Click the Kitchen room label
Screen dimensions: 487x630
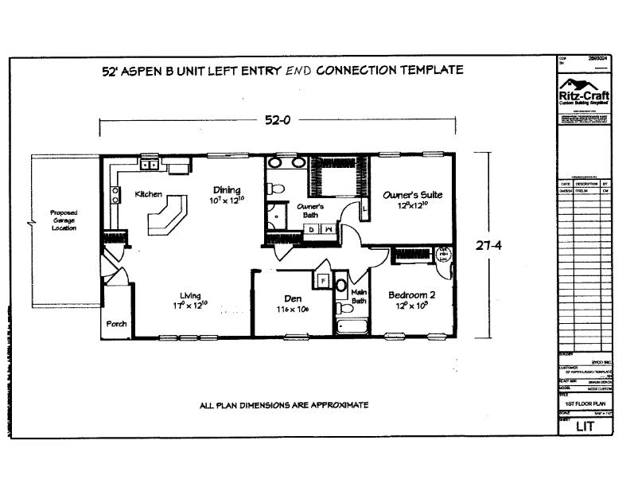[149, 194]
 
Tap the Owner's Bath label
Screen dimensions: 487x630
[309, 211]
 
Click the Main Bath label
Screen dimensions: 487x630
[360, 297]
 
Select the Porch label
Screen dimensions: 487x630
[116, 325]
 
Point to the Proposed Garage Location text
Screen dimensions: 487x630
[63, 220]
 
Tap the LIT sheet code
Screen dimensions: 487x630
[584, 427]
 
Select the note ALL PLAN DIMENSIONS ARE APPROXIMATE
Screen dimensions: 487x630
[283, 405]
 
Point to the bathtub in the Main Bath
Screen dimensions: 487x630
[349, 326]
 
